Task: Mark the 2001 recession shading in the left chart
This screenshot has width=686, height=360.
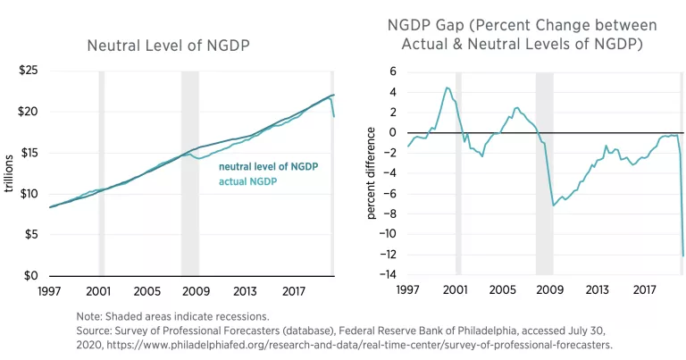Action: (x=101, y=170)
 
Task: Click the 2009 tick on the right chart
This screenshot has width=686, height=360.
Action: (x=549, y=291)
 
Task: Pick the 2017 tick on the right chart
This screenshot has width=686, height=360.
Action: (x=644, y=291)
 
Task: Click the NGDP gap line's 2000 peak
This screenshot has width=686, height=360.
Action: (x=447, y=88)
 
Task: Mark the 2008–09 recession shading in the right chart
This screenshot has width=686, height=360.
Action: (x=544, y=170)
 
